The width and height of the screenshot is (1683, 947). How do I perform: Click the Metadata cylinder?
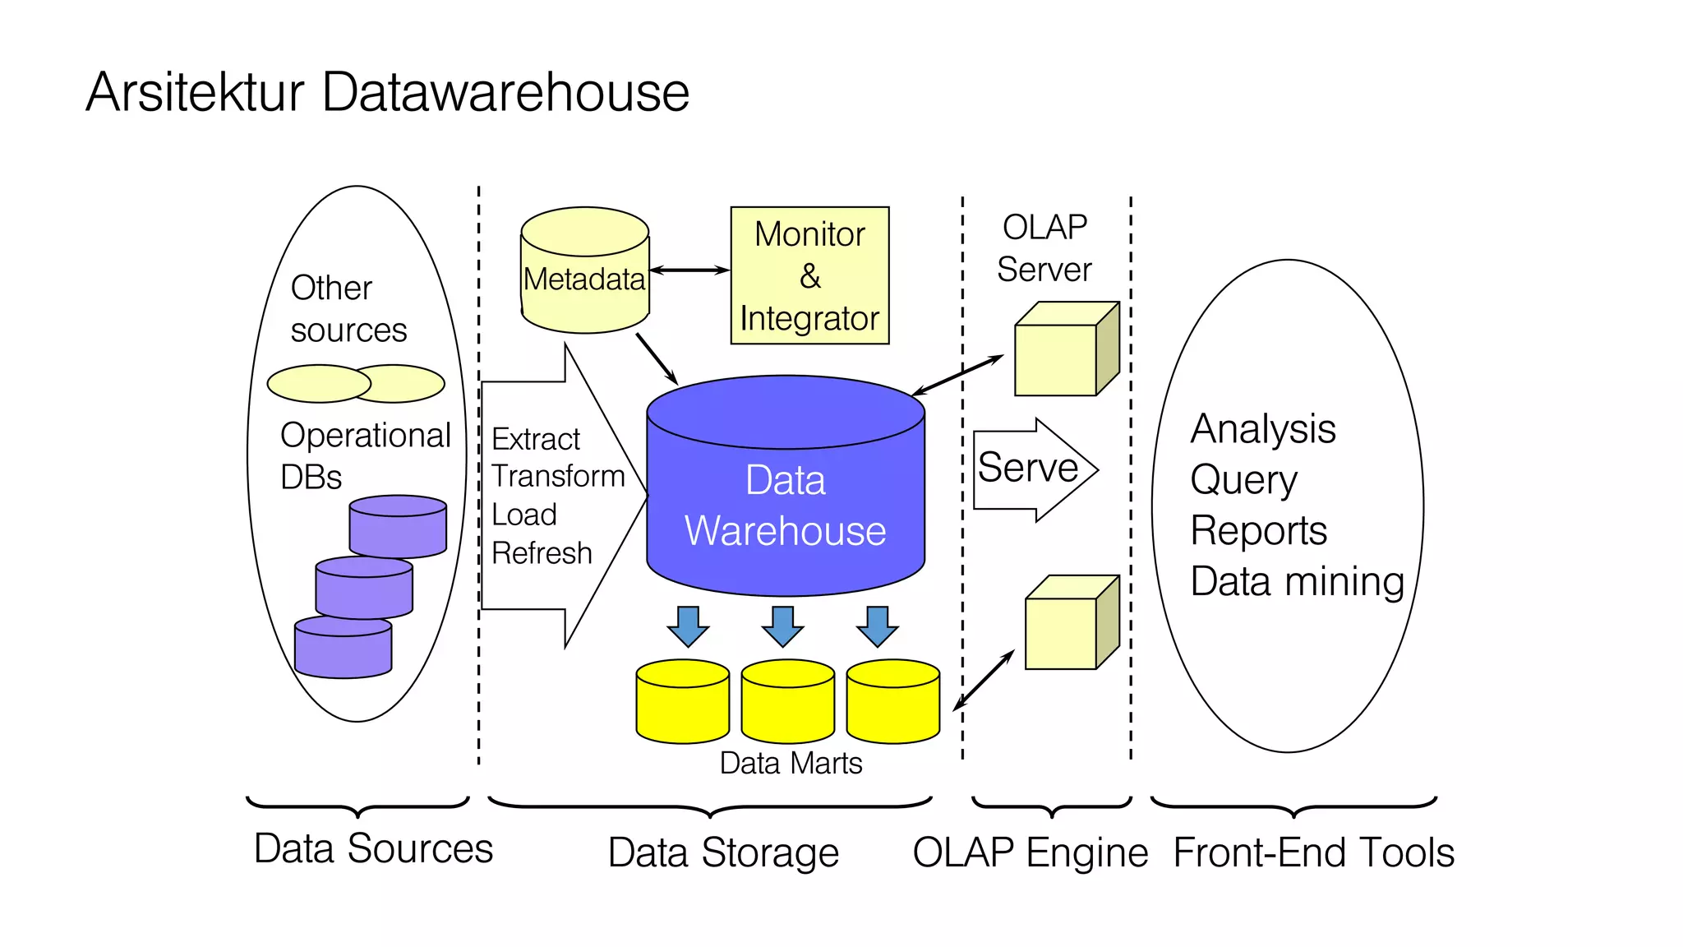[584, 271]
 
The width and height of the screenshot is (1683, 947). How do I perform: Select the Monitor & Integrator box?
[809, 275]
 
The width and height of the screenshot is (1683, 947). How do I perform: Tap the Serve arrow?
[1032, 469]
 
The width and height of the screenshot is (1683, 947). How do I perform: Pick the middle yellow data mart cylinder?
[787, 703]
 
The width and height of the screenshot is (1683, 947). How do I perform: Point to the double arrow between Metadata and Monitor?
[689, 270]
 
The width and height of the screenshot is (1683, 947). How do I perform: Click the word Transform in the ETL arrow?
[558, 476]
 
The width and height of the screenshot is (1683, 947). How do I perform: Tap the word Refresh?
[542, 553]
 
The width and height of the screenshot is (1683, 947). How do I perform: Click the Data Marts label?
[791, 764]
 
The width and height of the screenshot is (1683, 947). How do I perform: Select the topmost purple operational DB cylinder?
[398, 527]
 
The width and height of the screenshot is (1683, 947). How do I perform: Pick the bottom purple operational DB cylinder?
[343, 649]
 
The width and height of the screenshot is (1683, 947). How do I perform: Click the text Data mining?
[1297, 581]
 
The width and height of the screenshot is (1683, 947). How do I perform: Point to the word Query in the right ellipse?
[1243, 480]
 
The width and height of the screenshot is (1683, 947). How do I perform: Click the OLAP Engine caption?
[1030, 852]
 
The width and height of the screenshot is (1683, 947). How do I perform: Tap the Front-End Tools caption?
[1313, 852]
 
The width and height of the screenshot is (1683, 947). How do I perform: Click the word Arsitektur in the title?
[196, 92]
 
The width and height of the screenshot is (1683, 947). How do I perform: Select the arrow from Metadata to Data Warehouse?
[657, 358]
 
